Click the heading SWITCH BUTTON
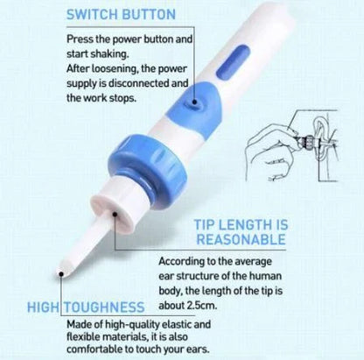pyautogui.click(x=120, y=15)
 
